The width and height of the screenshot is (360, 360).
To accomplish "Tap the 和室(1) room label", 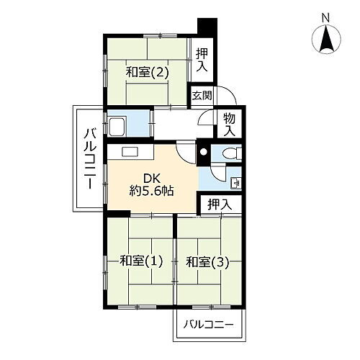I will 140,261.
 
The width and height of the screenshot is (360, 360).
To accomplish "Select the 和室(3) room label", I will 208,261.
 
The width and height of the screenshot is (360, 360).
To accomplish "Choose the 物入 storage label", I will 229,125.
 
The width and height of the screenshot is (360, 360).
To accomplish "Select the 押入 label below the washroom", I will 220,204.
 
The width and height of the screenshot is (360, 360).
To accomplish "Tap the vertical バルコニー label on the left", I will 90,158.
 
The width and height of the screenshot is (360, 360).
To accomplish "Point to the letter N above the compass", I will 325,17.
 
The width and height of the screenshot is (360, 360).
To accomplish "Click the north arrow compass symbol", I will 326,38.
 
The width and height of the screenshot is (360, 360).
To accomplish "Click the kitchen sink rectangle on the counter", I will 130,152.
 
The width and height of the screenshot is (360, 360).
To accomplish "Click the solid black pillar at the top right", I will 207,24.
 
